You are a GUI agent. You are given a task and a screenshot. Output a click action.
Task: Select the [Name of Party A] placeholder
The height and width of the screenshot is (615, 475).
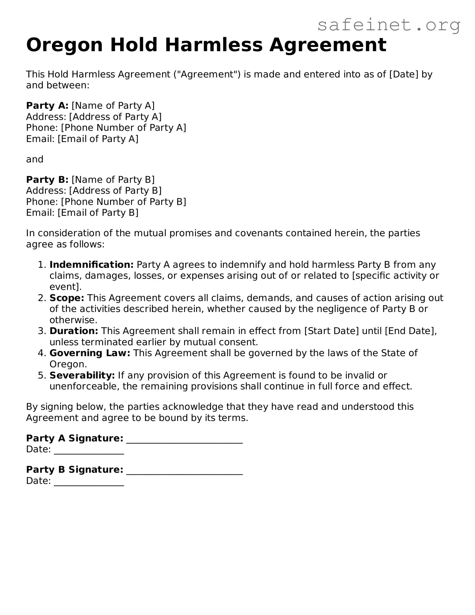coord(113,106)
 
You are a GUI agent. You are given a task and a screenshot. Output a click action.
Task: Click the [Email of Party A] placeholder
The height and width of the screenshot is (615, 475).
coord(98,139)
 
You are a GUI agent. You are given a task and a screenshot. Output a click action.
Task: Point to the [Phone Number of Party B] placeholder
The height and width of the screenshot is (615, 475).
coord(124,202)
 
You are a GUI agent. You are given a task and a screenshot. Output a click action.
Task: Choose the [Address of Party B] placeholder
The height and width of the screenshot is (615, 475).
coord(115,190)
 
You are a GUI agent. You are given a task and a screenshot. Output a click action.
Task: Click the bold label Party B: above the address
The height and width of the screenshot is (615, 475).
coord(47,180)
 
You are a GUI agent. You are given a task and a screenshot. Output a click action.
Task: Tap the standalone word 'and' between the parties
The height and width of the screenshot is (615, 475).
coord(35,159)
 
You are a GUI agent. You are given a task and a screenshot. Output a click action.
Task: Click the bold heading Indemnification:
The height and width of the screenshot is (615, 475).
coord(91,265)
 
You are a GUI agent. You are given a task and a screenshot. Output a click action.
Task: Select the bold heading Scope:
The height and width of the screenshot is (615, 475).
coord(67,298)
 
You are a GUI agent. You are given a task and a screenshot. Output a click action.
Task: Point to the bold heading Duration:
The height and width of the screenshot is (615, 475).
coord(74,331)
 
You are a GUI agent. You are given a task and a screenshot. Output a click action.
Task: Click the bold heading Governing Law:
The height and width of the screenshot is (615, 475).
coord(90,353)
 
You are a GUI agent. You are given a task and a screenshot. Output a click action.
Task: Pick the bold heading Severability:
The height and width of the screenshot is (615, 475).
coord(82,375)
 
